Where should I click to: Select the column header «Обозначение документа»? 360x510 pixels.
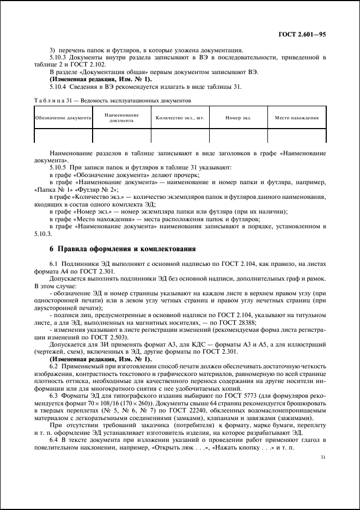63,118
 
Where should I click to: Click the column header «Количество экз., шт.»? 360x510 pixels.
180,118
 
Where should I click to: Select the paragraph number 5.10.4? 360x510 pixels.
58,87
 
